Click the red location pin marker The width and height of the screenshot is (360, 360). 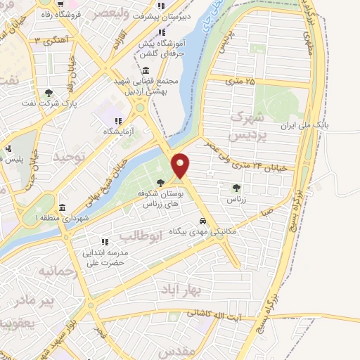pyautogui.click(x=181, y=165)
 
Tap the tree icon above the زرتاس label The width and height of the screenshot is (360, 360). pyautogui.click(x=236, y=187)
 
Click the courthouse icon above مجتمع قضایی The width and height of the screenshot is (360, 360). pyautogui.click(x=146, y=70)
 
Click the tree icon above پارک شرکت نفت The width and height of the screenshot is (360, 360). pyautogui.click(x=49, y=93)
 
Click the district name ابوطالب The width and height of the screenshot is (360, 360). pyautogui.click(x=141, y=235)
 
